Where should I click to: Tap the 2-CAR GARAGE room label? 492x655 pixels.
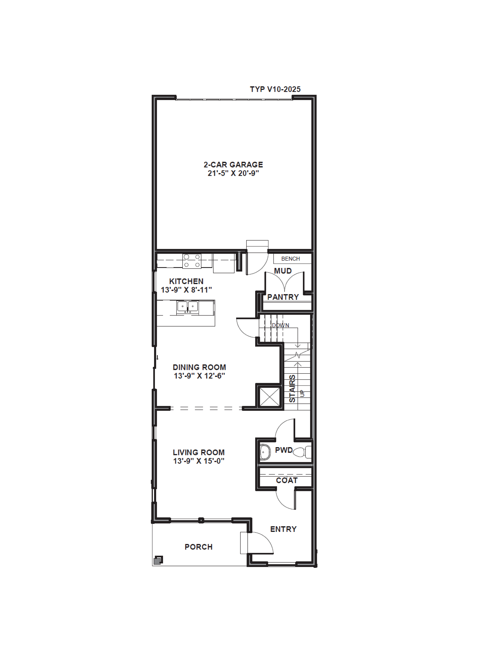click(233, 165)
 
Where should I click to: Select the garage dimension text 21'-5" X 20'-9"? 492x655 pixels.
click(233, 173)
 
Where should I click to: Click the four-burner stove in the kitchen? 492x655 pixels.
click(192, 261)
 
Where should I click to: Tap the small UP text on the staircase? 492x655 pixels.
click(302, 393)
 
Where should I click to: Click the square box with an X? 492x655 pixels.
click(269, 396)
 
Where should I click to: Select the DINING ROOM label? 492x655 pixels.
click(199, 367)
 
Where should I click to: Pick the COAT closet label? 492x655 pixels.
click(287, 480)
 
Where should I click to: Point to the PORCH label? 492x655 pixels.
click(198, 547)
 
